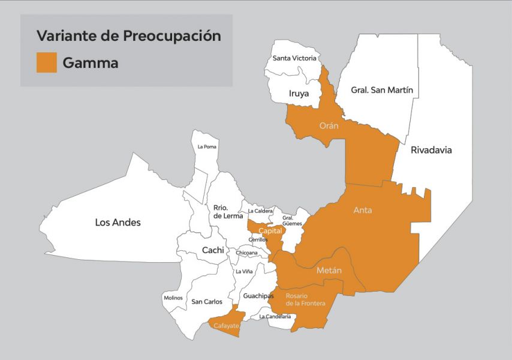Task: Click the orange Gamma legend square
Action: point(47,62)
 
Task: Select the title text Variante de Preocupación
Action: point(128,35)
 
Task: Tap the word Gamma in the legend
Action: point(91,63)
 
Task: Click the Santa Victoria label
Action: point(294,58)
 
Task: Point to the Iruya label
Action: point(299,94)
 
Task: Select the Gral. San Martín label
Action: point(382,91)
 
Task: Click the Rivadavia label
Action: point(431,151)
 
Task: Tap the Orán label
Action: point(329,126)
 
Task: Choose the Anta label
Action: point(363,210)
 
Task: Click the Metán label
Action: point(329,271)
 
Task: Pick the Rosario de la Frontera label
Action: point(305,299)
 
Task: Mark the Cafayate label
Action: point(226,326)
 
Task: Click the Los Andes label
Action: point(118,223)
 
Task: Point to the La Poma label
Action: point(207,146)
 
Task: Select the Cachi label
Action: point(213,250)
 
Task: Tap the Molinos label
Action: point(173,298)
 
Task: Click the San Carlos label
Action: point(207,302)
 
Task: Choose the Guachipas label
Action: point(258,296)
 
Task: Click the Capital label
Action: point(270,230)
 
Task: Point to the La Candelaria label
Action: point(275,316)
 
